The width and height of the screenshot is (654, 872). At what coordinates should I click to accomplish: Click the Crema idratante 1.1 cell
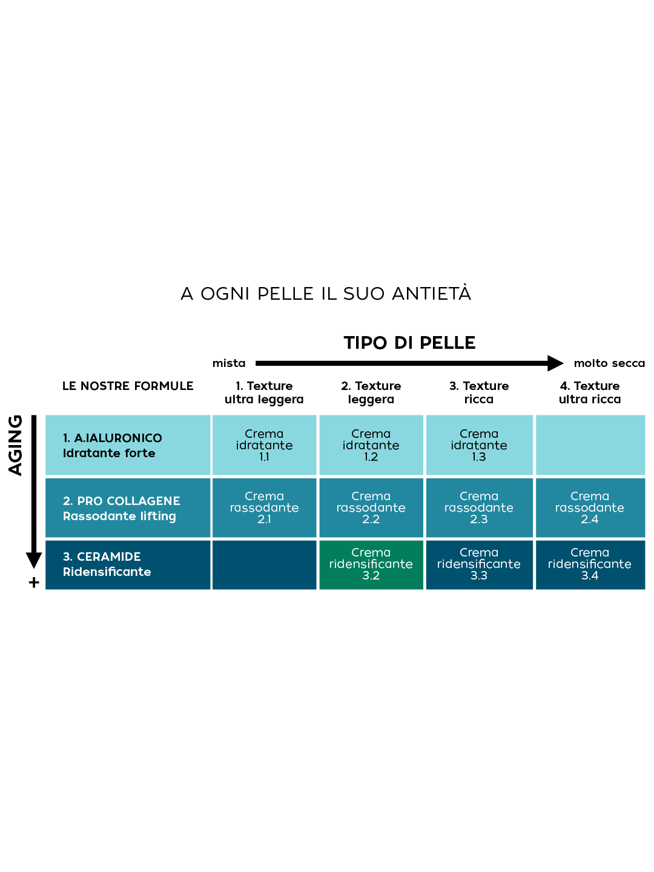pyautogui.click(x=264, y=445)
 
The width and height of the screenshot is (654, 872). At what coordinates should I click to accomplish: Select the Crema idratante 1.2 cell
pyautogui.click(x=371, y=445)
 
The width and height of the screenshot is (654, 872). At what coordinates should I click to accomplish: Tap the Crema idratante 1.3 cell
pyautogui.click(x=478, y=445)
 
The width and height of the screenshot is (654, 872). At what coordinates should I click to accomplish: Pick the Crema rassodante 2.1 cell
pyautogui.click(x=264, y=507)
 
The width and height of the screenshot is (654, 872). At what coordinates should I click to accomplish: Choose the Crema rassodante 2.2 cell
pyautogui.click(x=371, y=507)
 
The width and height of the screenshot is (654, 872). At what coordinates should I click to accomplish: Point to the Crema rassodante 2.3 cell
pyautogui.click(x=478, y=507)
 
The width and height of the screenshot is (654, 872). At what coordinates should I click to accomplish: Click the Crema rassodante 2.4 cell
pyautogui.click(x=589, y=507)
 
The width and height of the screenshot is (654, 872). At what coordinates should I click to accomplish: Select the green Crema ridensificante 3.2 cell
pyautogui.click(x=371, y=564)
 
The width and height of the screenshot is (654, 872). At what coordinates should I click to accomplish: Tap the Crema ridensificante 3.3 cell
pyautogui.click(x=478, y=564)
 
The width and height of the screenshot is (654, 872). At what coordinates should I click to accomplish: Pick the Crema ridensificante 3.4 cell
pyautogui.click(x=589, y=564)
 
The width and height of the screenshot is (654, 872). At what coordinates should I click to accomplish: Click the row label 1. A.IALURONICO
pyautogui.click(x=113, y=438)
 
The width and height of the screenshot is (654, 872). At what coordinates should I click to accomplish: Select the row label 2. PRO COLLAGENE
pyautogui.click(x=122, y=501)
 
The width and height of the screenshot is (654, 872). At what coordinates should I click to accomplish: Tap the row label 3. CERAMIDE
pyautogui.click(x=102, y=557)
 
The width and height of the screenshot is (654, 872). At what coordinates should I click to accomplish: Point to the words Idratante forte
pyautogui.click(x=109, y=453)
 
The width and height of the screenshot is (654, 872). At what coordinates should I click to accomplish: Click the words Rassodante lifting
pyautogui.click(x=119, y=516)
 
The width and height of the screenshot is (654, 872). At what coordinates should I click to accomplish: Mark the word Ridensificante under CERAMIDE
pyautogui.click(x=107, y=572)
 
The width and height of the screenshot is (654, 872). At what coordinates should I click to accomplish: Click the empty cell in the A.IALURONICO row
pyautogui.click(x=590, y=445)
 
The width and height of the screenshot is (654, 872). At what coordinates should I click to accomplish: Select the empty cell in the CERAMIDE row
pyautogui.click(x=264, y=564)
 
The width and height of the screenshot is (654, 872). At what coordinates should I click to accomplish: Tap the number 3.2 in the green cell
pyautogui.click(x=371, y=575)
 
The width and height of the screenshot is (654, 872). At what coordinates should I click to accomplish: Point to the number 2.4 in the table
pyautogui.click(x=589, y=519)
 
